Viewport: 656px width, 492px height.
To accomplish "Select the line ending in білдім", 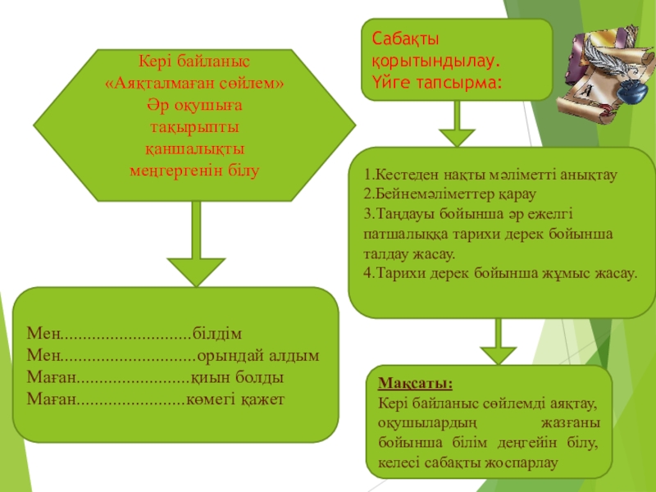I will (135, 335).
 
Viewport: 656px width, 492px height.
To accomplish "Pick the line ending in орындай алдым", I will (173, 356).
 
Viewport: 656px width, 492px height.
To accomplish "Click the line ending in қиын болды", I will (155, 378).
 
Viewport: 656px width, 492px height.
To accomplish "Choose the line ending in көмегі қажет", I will (155, 399).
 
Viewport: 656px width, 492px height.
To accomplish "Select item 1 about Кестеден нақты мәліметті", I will (490, 175).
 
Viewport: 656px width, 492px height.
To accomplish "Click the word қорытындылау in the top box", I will (435, 61).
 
